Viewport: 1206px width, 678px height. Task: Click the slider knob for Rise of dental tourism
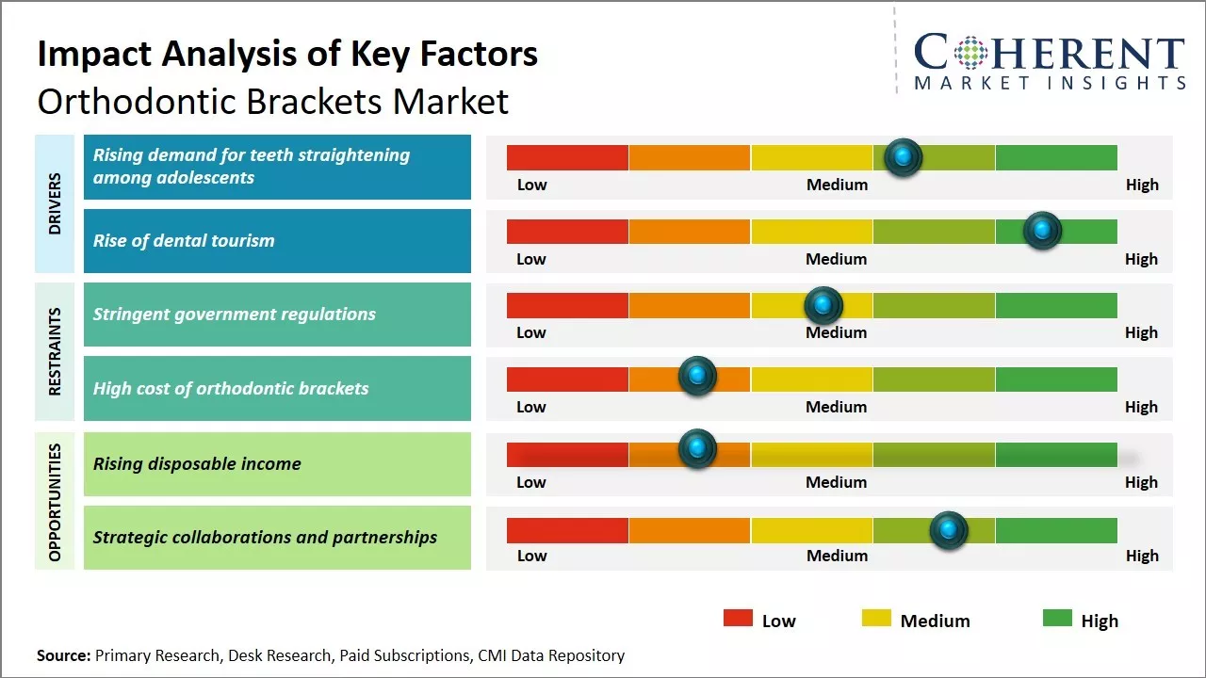tap(1042, 231)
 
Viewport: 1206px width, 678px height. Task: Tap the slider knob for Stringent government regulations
tap(823, 305)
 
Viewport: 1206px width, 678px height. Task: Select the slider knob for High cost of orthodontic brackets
tap(697, 377)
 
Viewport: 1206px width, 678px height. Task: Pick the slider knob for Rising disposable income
tap(697, 449)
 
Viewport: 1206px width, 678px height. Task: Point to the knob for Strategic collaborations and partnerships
tap(949, 530)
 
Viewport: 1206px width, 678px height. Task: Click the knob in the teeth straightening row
tap(904, 157)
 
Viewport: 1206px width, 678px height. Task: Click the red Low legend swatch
tap(738, 619)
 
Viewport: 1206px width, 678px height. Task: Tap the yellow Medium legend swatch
tap(876, 619)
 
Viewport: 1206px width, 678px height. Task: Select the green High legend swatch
tap(1057, 619)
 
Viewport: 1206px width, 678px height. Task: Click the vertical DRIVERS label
tap(55, 203)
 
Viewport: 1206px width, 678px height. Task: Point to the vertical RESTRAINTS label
tap(55, 351)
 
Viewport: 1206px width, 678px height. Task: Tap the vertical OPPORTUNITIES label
tap(55, 502)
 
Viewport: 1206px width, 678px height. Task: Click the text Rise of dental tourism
tap(184, 241)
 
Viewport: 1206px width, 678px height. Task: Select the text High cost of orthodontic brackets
tap(231, 389)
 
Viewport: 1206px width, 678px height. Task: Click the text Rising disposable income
tap(197, 463)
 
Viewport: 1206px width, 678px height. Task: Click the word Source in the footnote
tap(63, 655)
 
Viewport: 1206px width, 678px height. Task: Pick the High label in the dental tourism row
tap(1141, 259)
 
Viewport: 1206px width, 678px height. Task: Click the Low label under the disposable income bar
tap(531, 482)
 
